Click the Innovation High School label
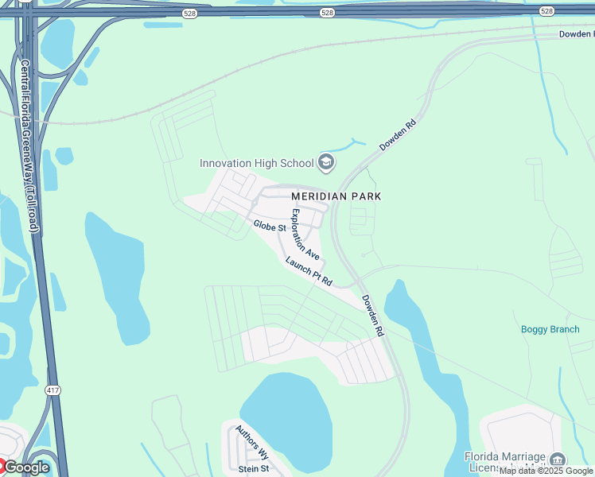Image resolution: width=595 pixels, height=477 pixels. point(256,164)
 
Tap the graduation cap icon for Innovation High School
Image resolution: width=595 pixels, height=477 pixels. point(325,163)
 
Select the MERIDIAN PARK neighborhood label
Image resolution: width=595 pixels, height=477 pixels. point(336,196)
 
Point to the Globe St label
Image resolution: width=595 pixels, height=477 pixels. point(270,227)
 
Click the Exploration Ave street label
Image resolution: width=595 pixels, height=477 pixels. point(305,234)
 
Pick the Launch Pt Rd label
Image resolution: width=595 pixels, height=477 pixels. point(308,271)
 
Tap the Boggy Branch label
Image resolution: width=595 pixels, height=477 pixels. point(550,329)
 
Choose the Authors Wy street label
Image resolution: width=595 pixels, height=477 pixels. point(252,442)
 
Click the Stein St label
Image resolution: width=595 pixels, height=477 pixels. point(254,469)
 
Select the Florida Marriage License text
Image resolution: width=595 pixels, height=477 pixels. point(505,461)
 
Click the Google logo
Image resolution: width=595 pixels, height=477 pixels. point(26,467)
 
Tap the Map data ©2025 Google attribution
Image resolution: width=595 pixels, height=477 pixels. point(546,471)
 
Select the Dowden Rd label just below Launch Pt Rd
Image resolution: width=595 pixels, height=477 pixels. point(373,316)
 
